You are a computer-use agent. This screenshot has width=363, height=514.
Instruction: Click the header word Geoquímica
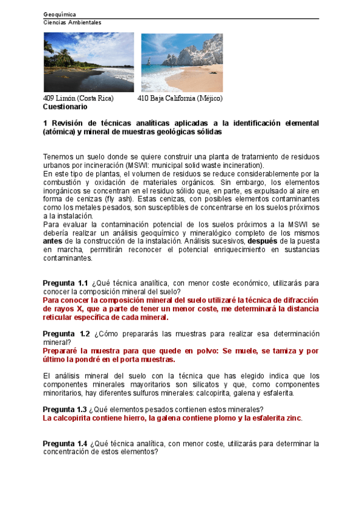60,14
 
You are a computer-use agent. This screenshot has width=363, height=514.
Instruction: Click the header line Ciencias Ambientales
73,22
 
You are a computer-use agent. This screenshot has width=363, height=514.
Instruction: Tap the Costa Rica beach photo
88,62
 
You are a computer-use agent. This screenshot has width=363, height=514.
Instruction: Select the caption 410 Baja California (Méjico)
180,98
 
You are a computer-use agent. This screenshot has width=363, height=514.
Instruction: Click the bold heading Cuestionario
65,106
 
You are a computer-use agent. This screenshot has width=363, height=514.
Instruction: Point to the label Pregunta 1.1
65,283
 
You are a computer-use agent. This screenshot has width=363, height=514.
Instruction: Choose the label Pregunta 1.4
65,444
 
